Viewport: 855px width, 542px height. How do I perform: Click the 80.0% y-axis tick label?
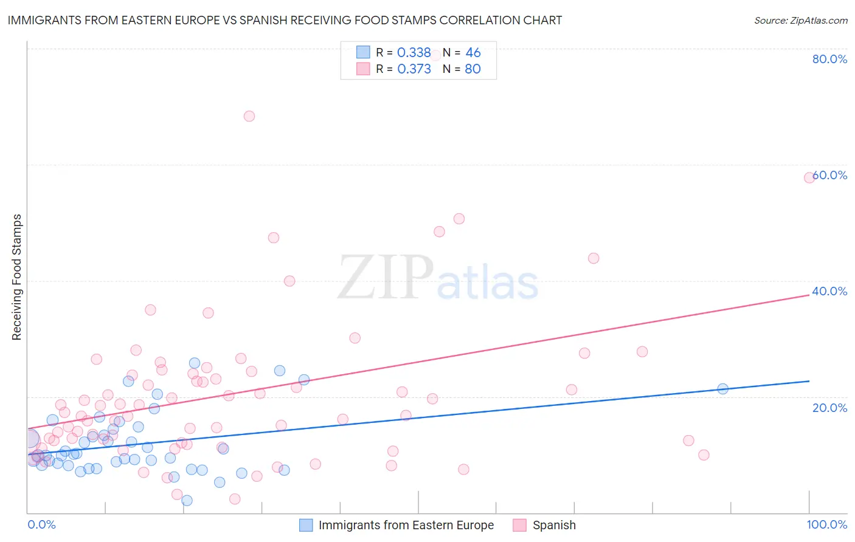(829, 59)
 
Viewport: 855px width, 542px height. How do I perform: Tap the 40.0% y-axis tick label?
(829, 291)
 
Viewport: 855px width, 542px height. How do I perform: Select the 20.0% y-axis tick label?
(829, 408)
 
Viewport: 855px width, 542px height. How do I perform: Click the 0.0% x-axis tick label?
(41, 524)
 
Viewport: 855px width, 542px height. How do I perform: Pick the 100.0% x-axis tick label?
(827, 524)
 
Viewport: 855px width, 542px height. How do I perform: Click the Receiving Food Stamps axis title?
(17, 277)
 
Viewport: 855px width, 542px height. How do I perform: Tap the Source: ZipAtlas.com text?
(800, 20)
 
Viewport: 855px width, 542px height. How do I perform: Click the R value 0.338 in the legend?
(414, 53)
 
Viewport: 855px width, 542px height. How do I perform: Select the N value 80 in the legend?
(472, 69)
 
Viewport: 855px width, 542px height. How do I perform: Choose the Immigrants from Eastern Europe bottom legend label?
(406, 525)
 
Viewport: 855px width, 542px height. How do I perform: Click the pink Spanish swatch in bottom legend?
(519, 525)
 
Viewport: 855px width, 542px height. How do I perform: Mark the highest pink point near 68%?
(249, 116)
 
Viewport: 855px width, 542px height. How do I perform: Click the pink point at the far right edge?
(809, 177)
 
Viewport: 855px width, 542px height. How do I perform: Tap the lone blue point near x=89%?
(722, 389)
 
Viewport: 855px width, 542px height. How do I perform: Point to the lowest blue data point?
(187, 500)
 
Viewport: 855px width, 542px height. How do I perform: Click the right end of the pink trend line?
(809, 295)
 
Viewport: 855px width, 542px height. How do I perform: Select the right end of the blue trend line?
(809, 381)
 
